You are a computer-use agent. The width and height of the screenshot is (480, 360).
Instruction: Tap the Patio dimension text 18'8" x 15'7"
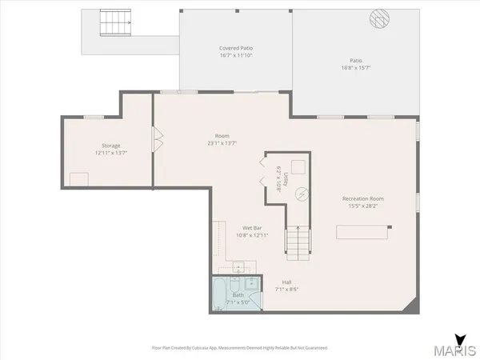click(x=356, y=68)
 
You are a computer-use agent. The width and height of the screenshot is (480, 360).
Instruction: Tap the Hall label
click(x=286, y=282)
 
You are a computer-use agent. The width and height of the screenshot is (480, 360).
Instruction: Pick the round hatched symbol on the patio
click(x=378, y=18)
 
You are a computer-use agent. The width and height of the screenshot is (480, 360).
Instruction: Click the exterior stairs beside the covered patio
click(x=115, y=24)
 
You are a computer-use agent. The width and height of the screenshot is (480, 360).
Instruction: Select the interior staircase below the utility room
click(x=298, y=241)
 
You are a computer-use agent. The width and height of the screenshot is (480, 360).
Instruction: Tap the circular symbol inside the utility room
click(x=302, y=194)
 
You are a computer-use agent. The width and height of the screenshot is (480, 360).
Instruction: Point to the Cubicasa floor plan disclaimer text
click(x=239, y=348)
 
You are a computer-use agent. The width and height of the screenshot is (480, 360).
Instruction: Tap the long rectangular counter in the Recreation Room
click(x=362, y=231)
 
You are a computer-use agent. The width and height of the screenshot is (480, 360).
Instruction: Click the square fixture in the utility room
click(x=298, y=166)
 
